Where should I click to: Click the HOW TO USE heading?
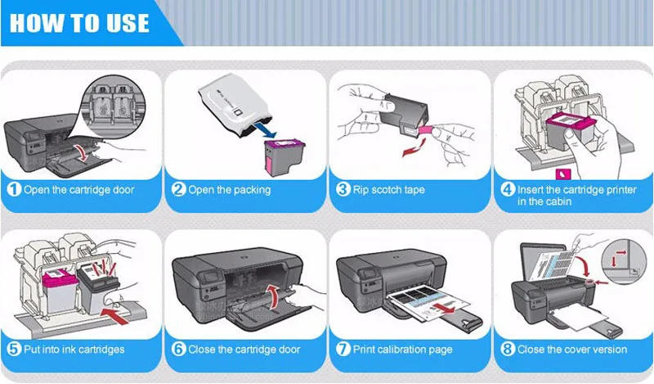pyautogui.click(x=79, y=22)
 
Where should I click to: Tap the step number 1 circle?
pyautogui.click(x=14, y=190)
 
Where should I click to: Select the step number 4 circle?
pyautogui.click(x=507, y=190)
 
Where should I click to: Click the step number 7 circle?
pyautogui.click(x=343, y=350)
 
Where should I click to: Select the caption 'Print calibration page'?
pyautogui.click(x=402, y=350)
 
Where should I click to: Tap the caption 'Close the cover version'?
pyautogui.click(x=572, y=350)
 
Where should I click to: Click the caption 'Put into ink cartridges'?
pyautogui.click(x=74, y=350)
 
